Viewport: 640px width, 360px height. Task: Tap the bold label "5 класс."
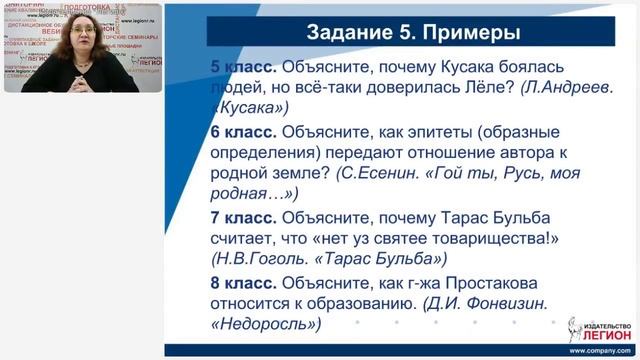pos(243,67)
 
